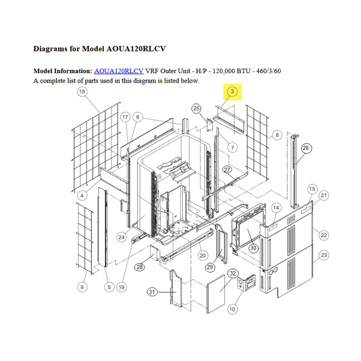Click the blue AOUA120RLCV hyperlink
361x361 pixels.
click(x=119, y=71)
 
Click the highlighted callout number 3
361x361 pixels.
click(x=232, y=92)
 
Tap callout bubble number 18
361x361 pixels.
click(x=82, y=92)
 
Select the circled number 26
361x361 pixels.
click(x=306, y=148)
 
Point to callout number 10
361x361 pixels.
click(x=232, y=309)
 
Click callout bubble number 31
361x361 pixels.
click(x=152, y=292)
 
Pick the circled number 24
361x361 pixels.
click(x=121, y=237)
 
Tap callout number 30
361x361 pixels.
click(x=253, y=248)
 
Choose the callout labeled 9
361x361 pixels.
click(x=82, y=287)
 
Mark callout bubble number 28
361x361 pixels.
click(x=140, y=267)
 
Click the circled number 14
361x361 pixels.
click(x=276, y=208)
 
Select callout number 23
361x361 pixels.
click(x=324, y=255)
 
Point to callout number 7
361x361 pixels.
click(x=232, y=148)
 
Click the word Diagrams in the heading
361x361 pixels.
click(x=51, y=49)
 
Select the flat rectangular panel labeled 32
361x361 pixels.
click(x=216, y=294)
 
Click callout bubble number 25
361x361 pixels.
click(x=196, y=108)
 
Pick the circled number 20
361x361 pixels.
click(x=203, y=255)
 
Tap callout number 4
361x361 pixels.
click(x=82, y=196)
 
